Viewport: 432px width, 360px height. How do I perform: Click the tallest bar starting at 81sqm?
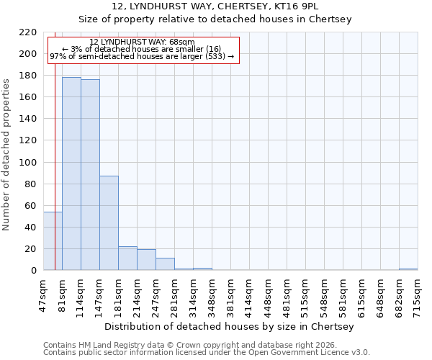pos(71,174)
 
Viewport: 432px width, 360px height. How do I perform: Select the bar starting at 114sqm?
pos(90,175)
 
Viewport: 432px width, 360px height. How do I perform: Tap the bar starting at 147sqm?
pos(109,223)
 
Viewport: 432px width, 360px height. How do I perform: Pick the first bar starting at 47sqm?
pos(53,241)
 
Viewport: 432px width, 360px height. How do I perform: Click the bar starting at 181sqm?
pos(127,258)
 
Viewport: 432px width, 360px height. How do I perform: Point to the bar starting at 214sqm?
pos(146,260)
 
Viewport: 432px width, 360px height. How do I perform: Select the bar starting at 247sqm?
pos(165,264)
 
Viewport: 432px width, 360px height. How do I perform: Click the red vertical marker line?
pos(55,158)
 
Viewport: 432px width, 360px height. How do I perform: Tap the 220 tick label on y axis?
pos(29,32)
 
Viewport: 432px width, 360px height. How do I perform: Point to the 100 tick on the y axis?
pos(29,163)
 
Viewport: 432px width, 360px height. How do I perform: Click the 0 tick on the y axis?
pos(34,271)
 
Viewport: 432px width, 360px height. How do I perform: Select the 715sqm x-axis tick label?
pos(418,296)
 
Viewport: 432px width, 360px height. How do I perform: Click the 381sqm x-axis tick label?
pos(230,296)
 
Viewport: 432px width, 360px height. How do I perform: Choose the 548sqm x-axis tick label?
pos(324,296)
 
